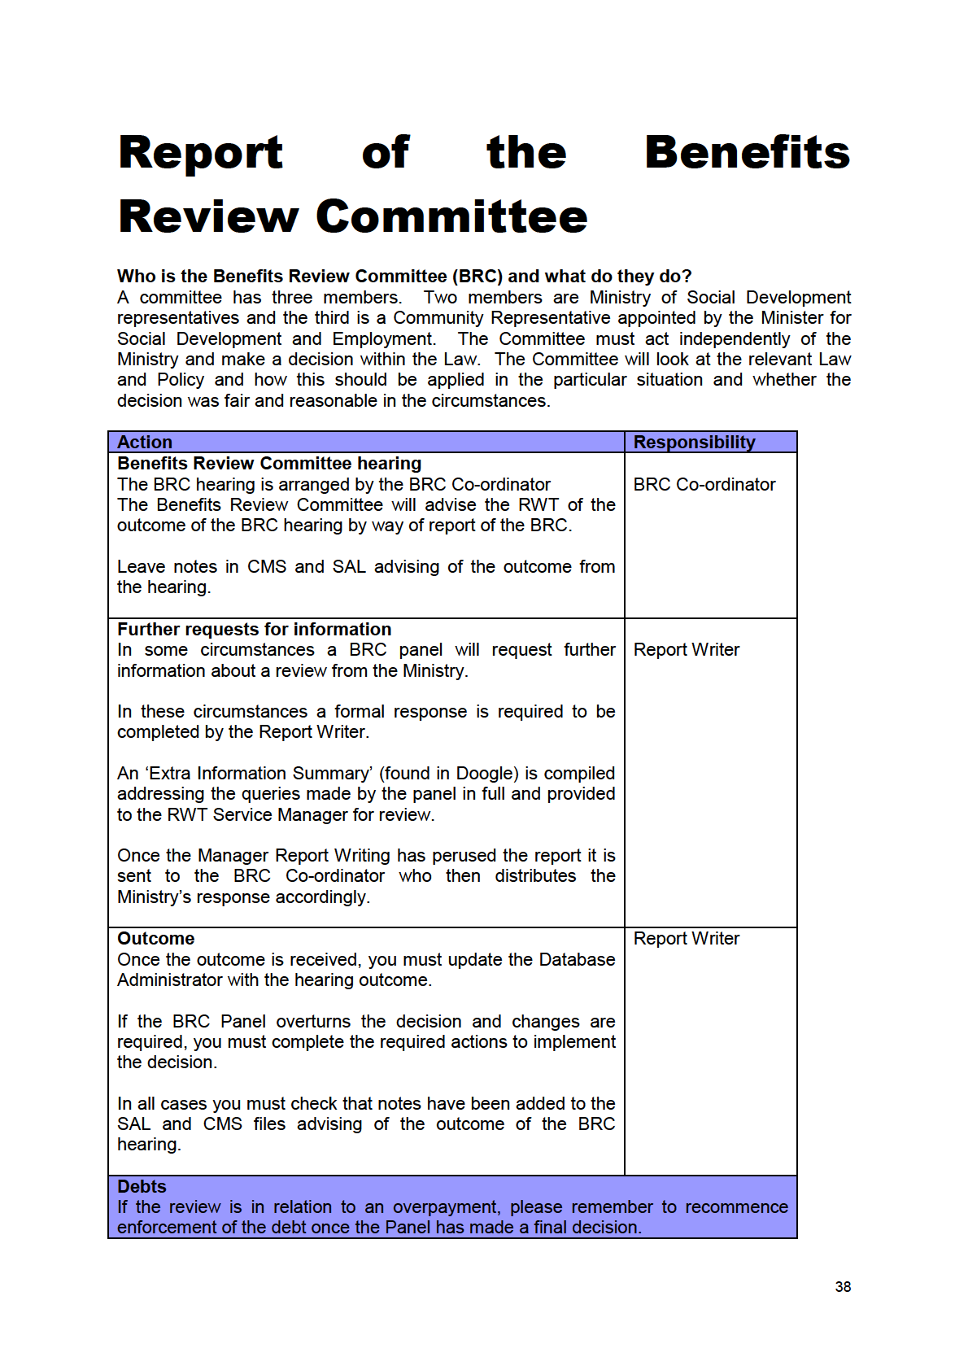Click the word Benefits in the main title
[747, 152]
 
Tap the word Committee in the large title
[451, 216]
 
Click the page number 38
[843, 1286]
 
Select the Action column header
[145, 442]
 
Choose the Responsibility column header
[694, 442]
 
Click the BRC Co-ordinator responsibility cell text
[704, 484]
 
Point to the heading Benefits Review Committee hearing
[269, 463]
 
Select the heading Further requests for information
[254, 629]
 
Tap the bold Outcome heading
[155, 938]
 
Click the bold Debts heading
[142, 1186]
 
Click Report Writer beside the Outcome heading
[687, 938]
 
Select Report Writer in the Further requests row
[687, 649]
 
